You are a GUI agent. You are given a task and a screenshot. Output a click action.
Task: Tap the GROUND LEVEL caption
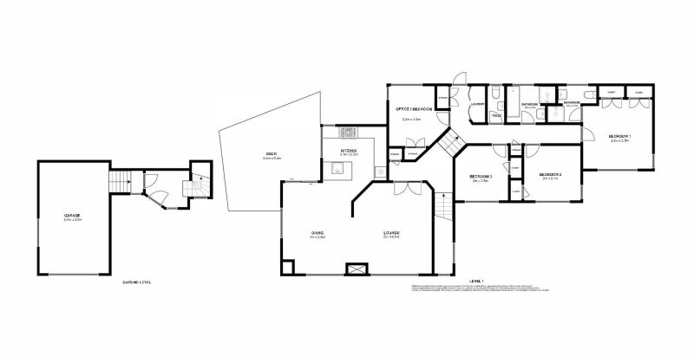click(x=138, y=282)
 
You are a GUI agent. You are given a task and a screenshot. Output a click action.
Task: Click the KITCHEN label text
click(x=349, y=151)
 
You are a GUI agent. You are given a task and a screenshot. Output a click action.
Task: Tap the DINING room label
click(x=318, y=235)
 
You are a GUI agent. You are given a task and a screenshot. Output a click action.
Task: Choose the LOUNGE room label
click(x=390, y=235)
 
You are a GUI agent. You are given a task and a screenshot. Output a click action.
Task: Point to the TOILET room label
click(x=496, y=113)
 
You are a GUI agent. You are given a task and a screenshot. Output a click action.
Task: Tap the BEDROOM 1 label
click(x=619, y=136)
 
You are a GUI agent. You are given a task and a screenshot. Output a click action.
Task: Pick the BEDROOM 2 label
click(x=551, y=174)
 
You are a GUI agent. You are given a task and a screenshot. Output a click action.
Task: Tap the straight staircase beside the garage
click(x=120, y=182)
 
